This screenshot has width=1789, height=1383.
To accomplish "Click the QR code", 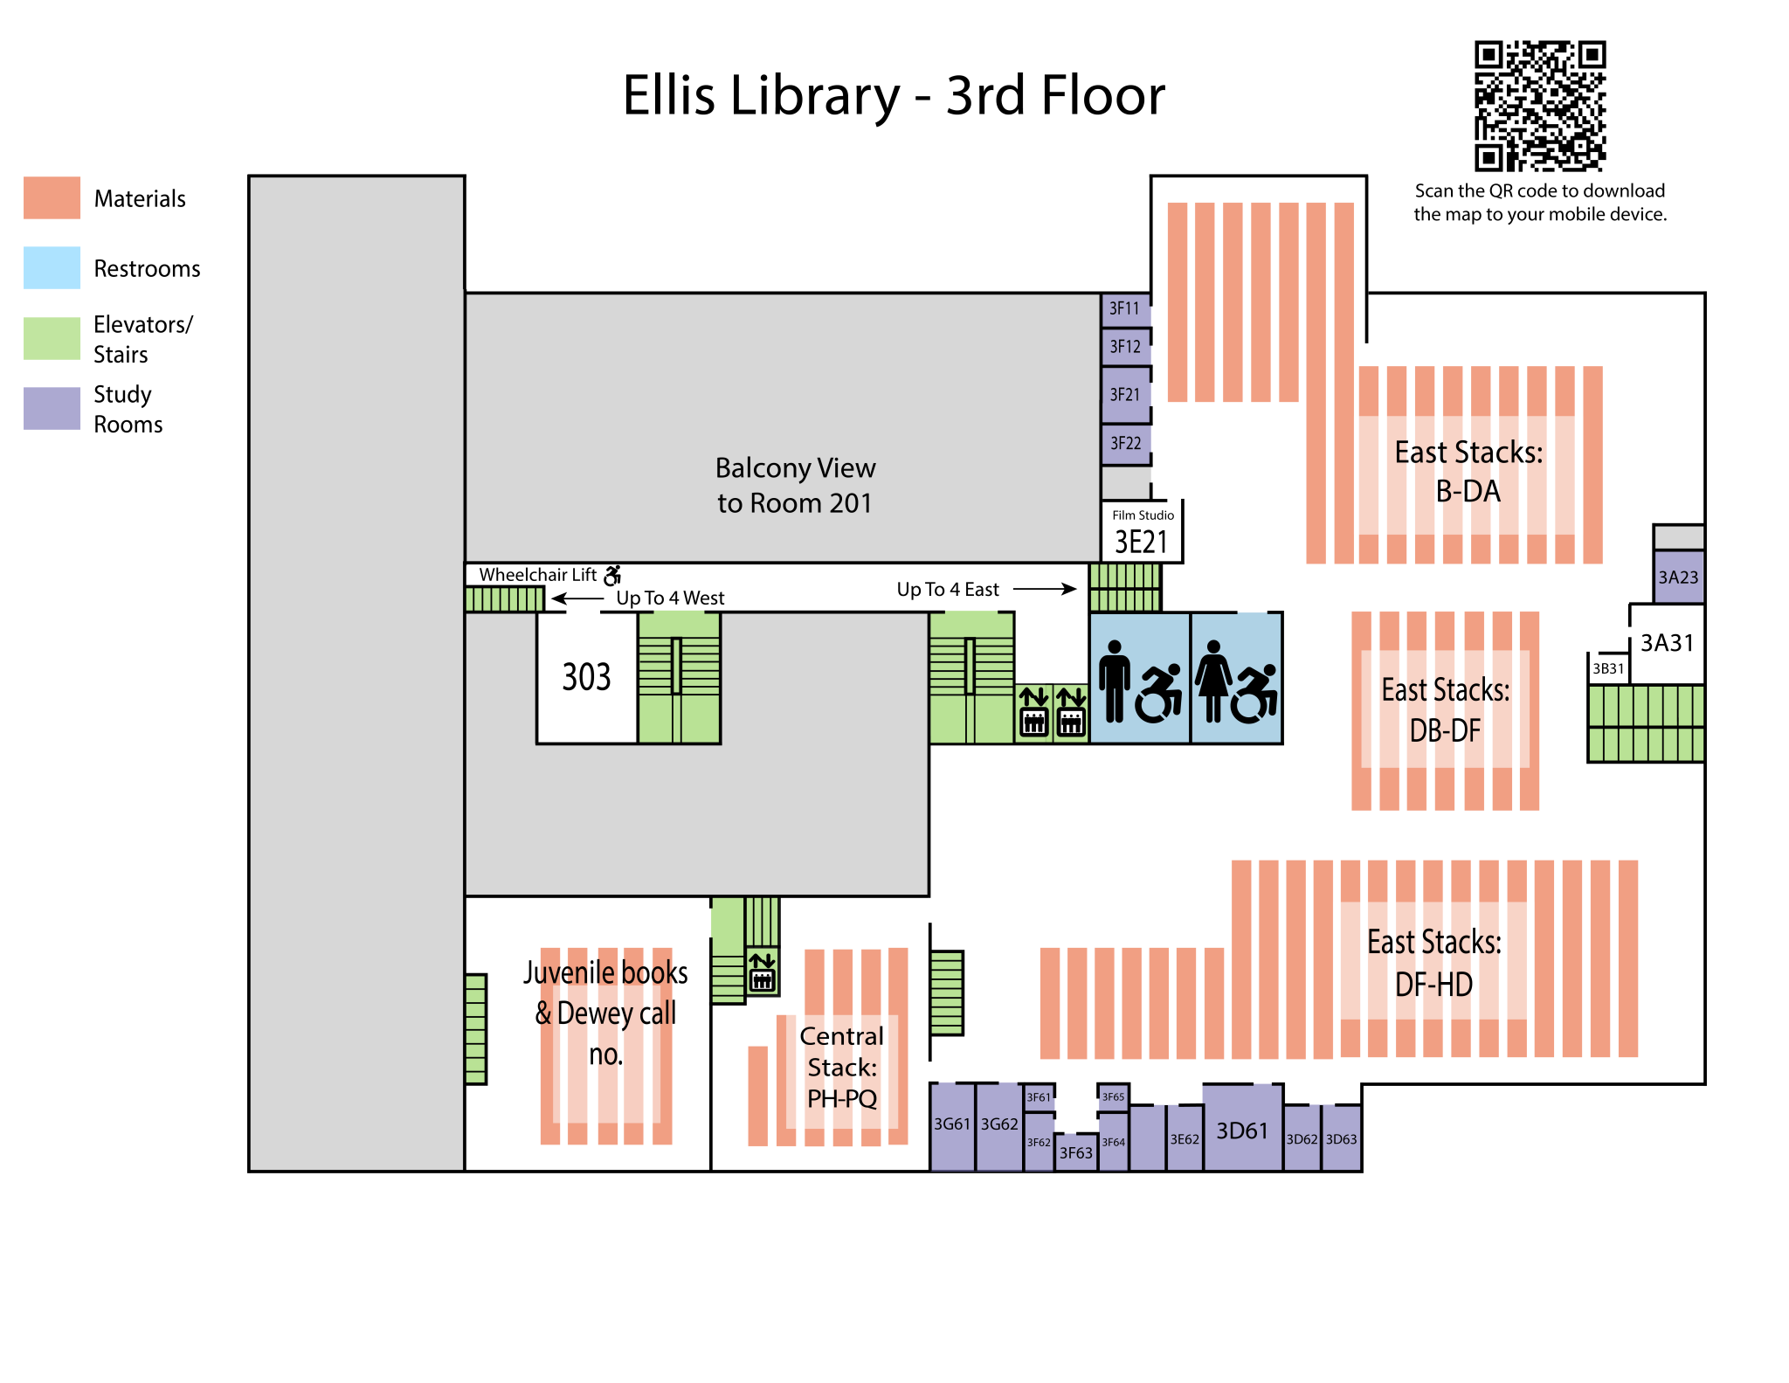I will point(1540,106).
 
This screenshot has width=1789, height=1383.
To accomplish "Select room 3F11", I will point(1125,309).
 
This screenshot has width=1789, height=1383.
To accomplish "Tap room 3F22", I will point(1125,444).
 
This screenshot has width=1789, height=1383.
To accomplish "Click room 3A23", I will point(1678,577).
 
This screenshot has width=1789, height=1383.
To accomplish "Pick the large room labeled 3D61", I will point(1242,1131).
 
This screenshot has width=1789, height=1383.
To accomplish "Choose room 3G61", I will point(952,1125).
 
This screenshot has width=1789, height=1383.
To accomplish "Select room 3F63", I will point(1076,1153).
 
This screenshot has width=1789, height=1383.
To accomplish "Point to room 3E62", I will point(1185,1139).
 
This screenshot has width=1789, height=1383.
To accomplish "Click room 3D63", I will point(1342,1139).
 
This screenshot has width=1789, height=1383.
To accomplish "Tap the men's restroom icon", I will point(1114,681).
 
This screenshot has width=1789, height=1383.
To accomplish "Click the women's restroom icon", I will point(1213,681).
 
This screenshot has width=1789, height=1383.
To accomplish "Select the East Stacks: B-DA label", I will point(1468,473).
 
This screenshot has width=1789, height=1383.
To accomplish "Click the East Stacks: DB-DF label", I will point(1446,709).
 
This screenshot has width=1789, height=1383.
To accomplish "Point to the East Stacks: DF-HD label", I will point(1434,963).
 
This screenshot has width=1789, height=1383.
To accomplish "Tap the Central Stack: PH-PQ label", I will point(842,1068).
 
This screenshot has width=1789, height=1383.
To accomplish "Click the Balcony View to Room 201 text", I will point(795,486).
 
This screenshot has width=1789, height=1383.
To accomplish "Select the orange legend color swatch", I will point(52,197).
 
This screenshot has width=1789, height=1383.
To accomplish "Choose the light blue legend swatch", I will point(52,267).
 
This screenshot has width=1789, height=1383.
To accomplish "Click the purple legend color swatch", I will point(52,408).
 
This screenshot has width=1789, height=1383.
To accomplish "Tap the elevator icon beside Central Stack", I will point(763,972).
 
